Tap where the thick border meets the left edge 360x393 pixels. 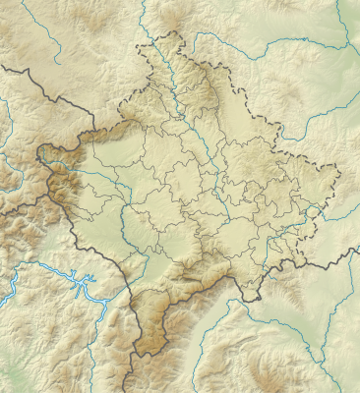pos(1,66)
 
